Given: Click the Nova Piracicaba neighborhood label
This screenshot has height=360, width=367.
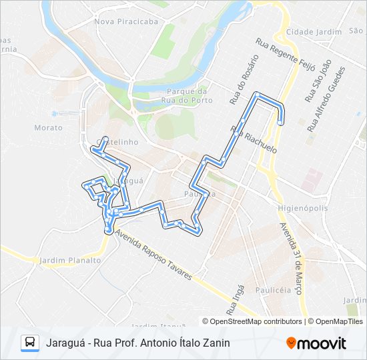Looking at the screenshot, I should click(126, 21).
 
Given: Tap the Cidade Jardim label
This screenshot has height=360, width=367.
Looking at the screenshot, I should click(309, 32).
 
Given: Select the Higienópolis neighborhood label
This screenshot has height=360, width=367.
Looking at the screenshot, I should click(302, 208).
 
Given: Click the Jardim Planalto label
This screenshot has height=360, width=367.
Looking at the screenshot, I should click(69, 261).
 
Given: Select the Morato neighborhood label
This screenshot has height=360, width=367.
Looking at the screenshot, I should click(47, 127).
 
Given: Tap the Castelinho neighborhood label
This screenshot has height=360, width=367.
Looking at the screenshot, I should click(117, 142).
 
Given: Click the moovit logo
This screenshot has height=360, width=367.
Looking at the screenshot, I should click(316, 343).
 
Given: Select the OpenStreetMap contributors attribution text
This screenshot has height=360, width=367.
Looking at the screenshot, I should click(256, 321).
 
